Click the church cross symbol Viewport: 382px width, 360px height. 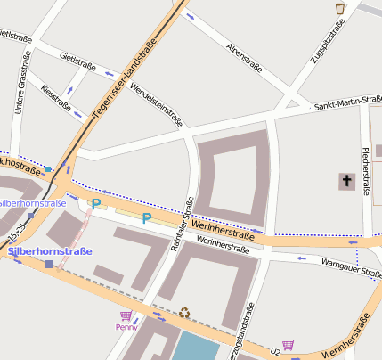pyautogui.click(x=345, y=182)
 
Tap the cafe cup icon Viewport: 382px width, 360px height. pyautogui.click(x=339, y=8)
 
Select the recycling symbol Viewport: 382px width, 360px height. pyautogui.click(x=184, y=312)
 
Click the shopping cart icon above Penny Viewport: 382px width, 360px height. pyautogui.click(x=126, y=315)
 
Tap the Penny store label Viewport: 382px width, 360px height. pyautogui.click(x=126, y=327)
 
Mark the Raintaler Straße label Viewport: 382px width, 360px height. pyautogui.click(x=181, y=228)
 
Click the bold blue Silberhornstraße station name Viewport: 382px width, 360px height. pyautogui.click(x=50, y=251)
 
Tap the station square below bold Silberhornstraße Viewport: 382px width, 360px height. pyautogui.click(x=49, y=264)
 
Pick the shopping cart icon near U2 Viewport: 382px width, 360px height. pyautogui.click(x=288, y=345)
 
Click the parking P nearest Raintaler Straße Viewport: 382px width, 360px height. pyautogui.click(x=147, y=217)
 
